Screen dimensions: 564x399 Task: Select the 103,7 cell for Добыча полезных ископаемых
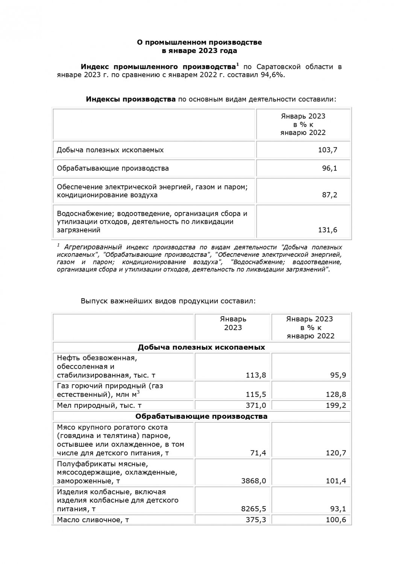[328, 150]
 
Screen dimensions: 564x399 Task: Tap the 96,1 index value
[329, 168]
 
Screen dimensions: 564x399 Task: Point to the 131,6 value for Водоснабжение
[328, 230]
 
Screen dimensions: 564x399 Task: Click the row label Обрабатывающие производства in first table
[113, 168]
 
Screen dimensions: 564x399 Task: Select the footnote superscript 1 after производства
[237, 65]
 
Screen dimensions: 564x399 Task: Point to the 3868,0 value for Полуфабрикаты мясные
[255, 481]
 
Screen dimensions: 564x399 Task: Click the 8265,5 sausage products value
[255, 509]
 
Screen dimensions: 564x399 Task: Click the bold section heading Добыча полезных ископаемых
[201, 347]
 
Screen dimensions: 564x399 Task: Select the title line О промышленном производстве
[199, 42]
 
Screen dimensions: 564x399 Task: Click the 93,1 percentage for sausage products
[338, 509]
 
